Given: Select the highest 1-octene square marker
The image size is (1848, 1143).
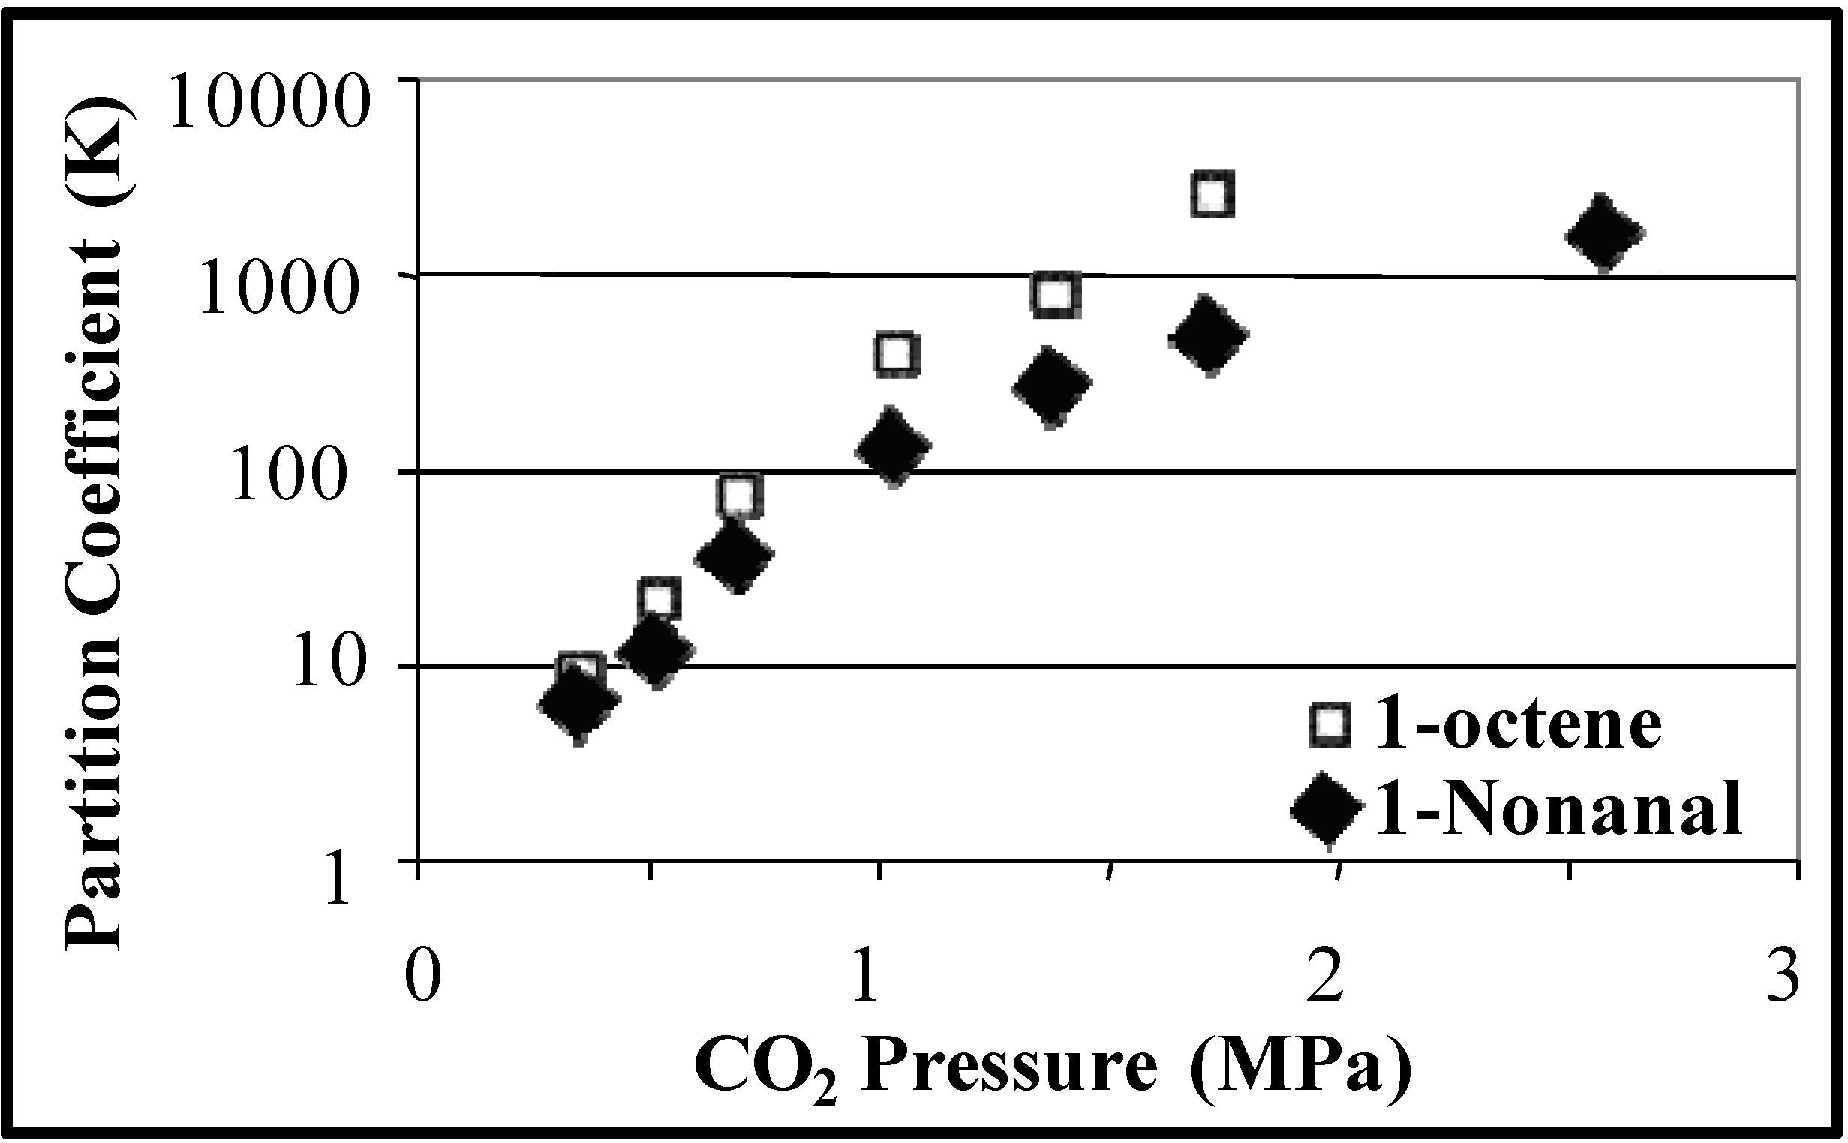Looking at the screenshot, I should click(x=1212, y=194).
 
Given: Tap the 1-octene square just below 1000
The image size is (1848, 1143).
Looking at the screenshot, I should click(x=1055, y=293).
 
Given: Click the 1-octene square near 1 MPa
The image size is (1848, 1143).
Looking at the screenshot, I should click(x=897, y=352).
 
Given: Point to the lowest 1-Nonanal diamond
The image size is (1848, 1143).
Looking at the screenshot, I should click(x=578, y=704).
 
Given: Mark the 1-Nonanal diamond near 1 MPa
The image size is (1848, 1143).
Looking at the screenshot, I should click(x=892, y=448).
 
